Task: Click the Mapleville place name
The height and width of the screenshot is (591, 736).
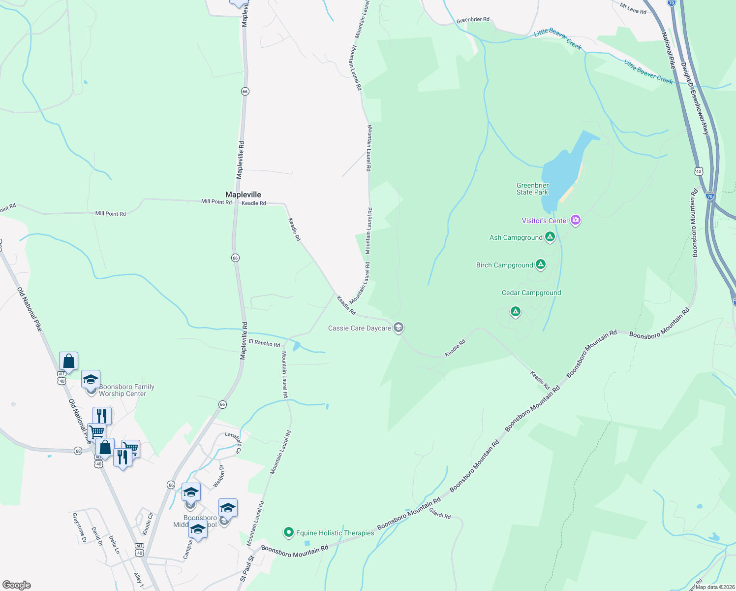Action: [243, 195]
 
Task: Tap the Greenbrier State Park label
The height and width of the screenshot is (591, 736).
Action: [532, 189]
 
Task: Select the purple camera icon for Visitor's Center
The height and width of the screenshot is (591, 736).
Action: [576, 220]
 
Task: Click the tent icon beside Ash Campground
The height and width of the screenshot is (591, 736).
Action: [550, 237]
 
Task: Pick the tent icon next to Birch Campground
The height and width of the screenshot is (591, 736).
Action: [541, 264]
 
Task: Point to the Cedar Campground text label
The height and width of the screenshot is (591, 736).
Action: [531, 293]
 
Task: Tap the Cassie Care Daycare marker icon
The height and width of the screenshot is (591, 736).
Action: [399, 328]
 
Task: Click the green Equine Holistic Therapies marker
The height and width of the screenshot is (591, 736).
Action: [289, 532]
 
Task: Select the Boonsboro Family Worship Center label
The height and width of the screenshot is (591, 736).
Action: [126, 390]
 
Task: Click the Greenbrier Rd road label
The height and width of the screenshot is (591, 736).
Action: [473, 20]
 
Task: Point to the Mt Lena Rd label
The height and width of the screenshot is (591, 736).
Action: [633, 9]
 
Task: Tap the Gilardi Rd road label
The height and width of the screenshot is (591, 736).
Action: [440, 514]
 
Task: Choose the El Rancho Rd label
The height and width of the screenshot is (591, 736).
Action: [264, 343]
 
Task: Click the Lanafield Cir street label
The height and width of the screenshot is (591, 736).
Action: [234, 442]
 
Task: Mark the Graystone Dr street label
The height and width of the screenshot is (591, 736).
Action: [79, 527]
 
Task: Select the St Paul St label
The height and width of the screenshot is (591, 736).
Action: [246, 569]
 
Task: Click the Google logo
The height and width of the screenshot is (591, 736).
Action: [17, 585]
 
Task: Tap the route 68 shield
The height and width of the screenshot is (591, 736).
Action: [78, 451]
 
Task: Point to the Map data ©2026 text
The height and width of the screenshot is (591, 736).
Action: [714, 587]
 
